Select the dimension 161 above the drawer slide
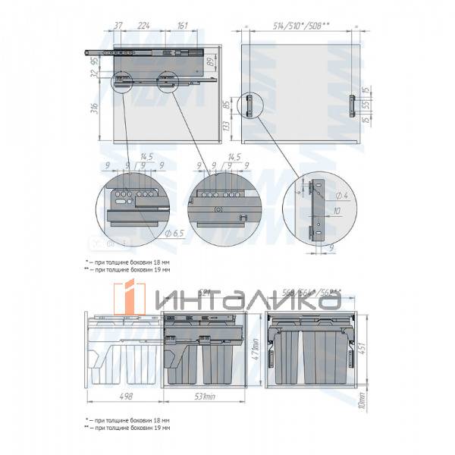tap(182, 24)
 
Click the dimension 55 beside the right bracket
tap(366, 105)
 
